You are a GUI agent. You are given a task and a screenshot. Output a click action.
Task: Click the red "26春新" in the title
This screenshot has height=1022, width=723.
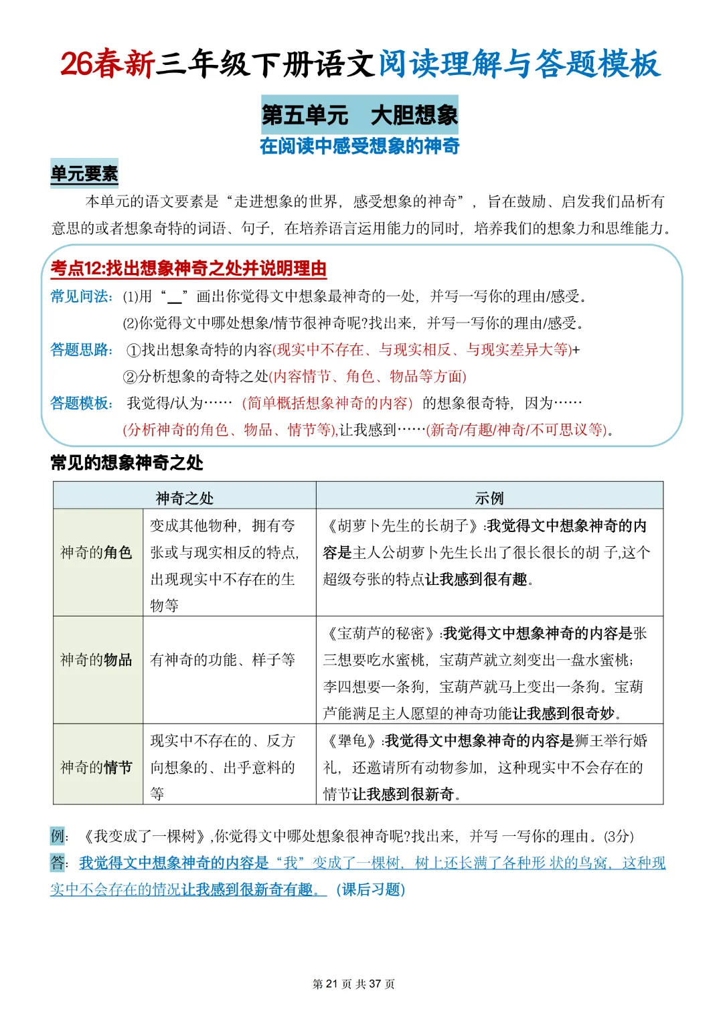pyautogui.click(x=107, y=64)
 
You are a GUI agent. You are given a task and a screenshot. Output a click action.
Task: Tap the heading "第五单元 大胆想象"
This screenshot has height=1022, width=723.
pyautogui.click(x=359, y=114)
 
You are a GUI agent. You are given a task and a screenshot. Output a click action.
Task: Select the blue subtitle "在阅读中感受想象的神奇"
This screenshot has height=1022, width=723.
pyautogui.click(x=359, y=146)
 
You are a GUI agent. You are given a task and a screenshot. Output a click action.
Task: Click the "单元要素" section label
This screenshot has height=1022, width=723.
pyautogui.click(x=84, y=174)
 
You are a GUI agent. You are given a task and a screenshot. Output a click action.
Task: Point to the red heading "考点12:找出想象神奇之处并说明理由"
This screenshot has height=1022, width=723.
pyautogui.click(x=189, y=268)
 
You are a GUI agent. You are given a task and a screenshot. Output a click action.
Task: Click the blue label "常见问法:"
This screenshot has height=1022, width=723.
pyautogui.click(x=82, y=296)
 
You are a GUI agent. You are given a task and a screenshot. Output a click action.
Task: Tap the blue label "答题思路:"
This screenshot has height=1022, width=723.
pyautogui.click(x=82, y=349)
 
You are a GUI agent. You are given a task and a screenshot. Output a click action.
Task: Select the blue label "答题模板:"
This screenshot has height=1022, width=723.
pyautogui.click(x=82, y=403)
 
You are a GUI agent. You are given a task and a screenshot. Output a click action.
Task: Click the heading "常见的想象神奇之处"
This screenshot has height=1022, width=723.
pyautogui.click(x=127, y=462)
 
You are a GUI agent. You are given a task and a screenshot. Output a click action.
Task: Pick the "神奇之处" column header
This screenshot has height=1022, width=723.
pyautogui.click(x=185, y=498)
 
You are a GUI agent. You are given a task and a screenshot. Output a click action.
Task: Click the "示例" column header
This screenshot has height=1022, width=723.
pyautogui.click(x=489, y=498)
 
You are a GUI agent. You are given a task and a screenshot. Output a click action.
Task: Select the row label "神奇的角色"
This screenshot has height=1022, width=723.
pyautogui.click(x=97, y=552)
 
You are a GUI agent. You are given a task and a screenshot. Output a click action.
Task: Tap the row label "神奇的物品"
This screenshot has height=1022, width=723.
pyautogui.click(x=97, y=660)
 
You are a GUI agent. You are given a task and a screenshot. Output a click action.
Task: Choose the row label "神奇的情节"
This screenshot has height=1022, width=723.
pyautogui.click(x=97, y=767)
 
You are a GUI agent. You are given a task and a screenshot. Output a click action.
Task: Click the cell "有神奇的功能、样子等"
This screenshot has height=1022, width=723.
pyautogui.click(x=223, y=660)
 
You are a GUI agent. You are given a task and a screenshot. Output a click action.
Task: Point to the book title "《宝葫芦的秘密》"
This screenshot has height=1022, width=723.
pyautogui.click(x=382, y=633)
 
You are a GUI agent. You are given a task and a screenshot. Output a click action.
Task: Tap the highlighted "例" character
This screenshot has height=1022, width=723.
pyautogui.click(x=58, y=835)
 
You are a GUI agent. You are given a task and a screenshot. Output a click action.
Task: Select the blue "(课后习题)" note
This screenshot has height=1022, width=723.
pyautogui.click(x=370, y=889)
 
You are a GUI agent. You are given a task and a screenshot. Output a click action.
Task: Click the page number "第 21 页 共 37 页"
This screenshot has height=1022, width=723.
pyautogui.click(x=353, y=984)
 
